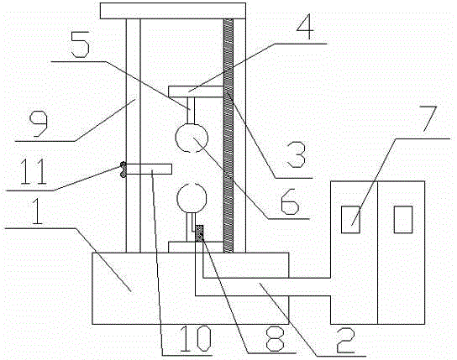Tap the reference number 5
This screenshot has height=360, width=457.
(x=80, y=44)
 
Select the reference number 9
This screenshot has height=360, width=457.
(x=38, y=123)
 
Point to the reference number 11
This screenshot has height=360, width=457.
(x=34, y=171)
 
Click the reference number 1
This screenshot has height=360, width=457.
(x=37, y=211)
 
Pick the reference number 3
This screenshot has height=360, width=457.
(x=297, y=155)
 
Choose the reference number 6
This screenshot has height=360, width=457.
(x=290, y=201)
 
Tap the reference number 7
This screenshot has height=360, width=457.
(x=429, y=117)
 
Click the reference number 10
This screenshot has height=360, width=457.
(x=195, y=338)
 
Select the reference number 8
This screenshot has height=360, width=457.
(x=275, y=338)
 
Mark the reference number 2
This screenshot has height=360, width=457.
(x=345, y=340)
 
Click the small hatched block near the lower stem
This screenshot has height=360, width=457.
(x=199, y=233)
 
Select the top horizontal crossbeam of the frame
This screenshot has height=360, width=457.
(x=173, y=11)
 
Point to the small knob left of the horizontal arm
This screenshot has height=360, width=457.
(x=123, y=170)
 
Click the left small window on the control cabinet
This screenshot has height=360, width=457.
(x=350, y=219)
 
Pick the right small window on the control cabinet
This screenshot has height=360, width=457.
(x=403, y=219)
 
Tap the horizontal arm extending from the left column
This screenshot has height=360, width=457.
(x=149, y=169)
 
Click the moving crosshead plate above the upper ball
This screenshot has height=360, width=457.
(x=196, y=91)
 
